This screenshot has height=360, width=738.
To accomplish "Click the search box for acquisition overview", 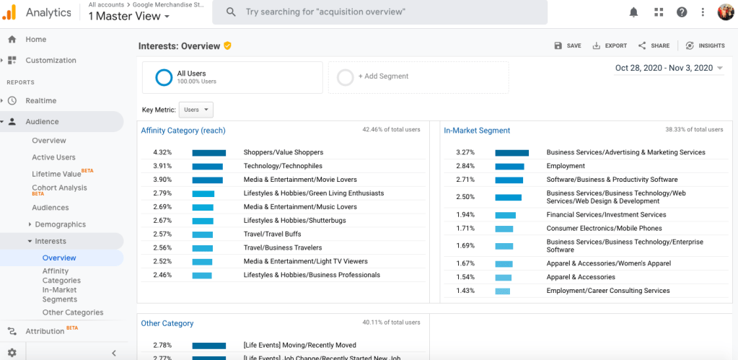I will click(382, 12).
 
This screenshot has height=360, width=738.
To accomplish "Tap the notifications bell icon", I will click(634, 12).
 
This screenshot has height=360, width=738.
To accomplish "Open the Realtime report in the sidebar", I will click(40, 101).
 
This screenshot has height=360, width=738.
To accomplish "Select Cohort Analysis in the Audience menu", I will click(59, 188).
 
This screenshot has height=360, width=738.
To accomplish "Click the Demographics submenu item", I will click(60, 224).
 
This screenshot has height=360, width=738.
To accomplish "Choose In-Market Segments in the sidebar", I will click(60, 294).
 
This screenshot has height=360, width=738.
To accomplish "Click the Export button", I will click(610, 45).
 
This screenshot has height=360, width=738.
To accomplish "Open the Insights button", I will click(705, 45).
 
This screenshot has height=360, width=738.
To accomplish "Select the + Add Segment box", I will click(418, 76).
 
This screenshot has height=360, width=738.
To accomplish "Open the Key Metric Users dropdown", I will click(196, 110).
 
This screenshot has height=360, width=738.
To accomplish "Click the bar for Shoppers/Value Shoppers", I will click(208, 153).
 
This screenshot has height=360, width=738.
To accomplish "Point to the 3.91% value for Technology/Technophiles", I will click(162, 166).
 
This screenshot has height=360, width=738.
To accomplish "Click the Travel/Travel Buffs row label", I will click(272, 234).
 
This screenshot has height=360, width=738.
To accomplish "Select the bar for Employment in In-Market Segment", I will click(509, 167).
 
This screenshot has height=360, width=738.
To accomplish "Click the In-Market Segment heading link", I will click(477, 131).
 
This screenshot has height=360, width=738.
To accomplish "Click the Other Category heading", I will click(167, 324).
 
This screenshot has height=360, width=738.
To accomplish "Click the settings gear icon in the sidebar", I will click(12, 353).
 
